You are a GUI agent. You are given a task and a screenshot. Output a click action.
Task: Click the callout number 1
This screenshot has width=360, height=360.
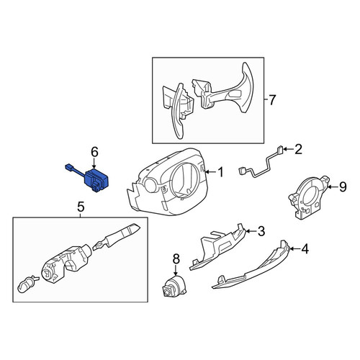[220, 172]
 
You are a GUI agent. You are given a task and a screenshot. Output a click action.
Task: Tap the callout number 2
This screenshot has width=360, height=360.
[298, 150]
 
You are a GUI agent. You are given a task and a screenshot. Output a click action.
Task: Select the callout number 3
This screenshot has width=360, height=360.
[261, 231]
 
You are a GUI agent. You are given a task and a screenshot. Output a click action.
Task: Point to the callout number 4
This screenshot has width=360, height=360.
[305, 249]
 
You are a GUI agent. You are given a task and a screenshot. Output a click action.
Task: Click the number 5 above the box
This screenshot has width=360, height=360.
[81, 207]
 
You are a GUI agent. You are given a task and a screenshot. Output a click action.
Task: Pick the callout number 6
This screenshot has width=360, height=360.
[94, 152]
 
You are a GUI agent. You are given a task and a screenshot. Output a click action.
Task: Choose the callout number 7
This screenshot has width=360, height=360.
[272, 100]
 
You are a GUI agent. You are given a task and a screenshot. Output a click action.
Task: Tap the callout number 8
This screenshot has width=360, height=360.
[176, 259]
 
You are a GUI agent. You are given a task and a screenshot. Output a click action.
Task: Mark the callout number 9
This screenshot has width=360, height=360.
[343, 186]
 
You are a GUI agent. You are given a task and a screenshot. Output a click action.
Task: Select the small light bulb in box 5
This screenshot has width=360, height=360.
[27, 284]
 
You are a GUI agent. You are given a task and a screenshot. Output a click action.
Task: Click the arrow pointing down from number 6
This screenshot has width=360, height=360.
[94, 163]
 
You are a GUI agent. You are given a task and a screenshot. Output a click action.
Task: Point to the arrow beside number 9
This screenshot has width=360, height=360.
[332, 186]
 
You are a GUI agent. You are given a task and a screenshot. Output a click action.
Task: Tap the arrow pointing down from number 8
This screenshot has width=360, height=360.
[176, 270]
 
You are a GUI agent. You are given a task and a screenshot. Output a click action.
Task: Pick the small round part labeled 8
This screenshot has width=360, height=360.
[174, 287]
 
